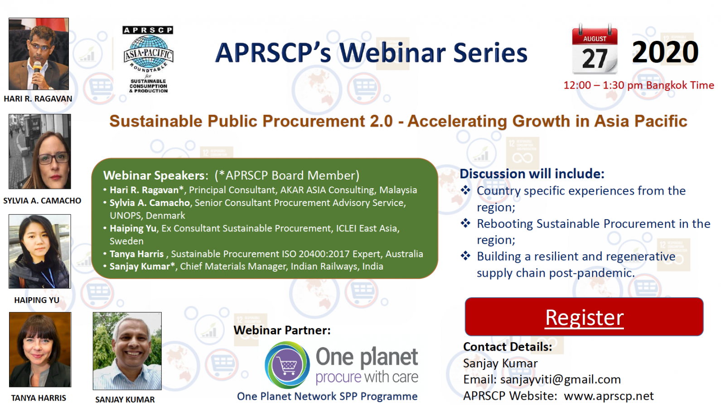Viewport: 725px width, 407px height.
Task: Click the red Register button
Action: point(584,317)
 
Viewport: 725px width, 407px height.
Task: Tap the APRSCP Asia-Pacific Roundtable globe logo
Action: point(148,59)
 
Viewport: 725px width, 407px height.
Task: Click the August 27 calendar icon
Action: point(594,49)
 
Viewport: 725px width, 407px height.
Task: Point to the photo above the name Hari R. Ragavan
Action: point(39,54)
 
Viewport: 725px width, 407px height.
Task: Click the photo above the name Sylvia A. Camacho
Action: point(39,152)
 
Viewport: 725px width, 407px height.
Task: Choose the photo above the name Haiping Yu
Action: point(39,251)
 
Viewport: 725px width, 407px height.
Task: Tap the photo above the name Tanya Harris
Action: point(40,350)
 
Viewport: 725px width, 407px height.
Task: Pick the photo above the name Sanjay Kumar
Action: point(127,351)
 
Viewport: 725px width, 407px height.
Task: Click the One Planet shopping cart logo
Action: point(287,365)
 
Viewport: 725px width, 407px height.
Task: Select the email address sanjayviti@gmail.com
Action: point(560,379)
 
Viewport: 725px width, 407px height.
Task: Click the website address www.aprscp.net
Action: point(609,396)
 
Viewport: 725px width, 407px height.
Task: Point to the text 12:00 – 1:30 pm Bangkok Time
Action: point(638,85)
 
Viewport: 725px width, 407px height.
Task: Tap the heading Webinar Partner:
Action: point(282,330)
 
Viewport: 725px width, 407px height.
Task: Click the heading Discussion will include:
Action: point(532,174)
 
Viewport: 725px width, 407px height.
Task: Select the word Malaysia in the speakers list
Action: point(398,190)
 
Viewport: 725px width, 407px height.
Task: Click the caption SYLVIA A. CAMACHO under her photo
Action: point(42,201)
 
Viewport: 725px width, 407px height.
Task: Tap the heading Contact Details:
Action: point(507,347)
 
